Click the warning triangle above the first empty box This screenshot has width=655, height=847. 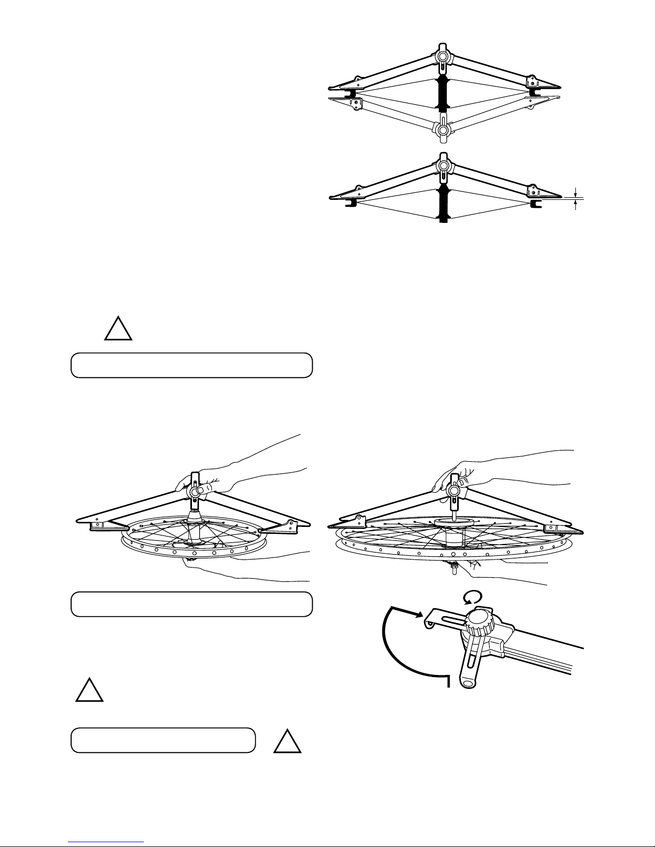point(118,329)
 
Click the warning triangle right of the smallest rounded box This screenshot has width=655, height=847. point(288,741)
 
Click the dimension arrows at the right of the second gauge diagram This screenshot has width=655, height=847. point(575,198)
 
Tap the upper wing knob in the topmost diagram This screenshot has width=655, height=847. point(443,56)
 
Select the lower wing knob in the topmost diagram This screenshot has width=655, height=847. point(443,129)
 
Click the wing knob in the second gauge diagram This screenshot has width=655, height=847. point(443,166)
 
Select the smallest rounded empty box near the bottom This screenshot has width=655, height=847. point(163,740)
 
